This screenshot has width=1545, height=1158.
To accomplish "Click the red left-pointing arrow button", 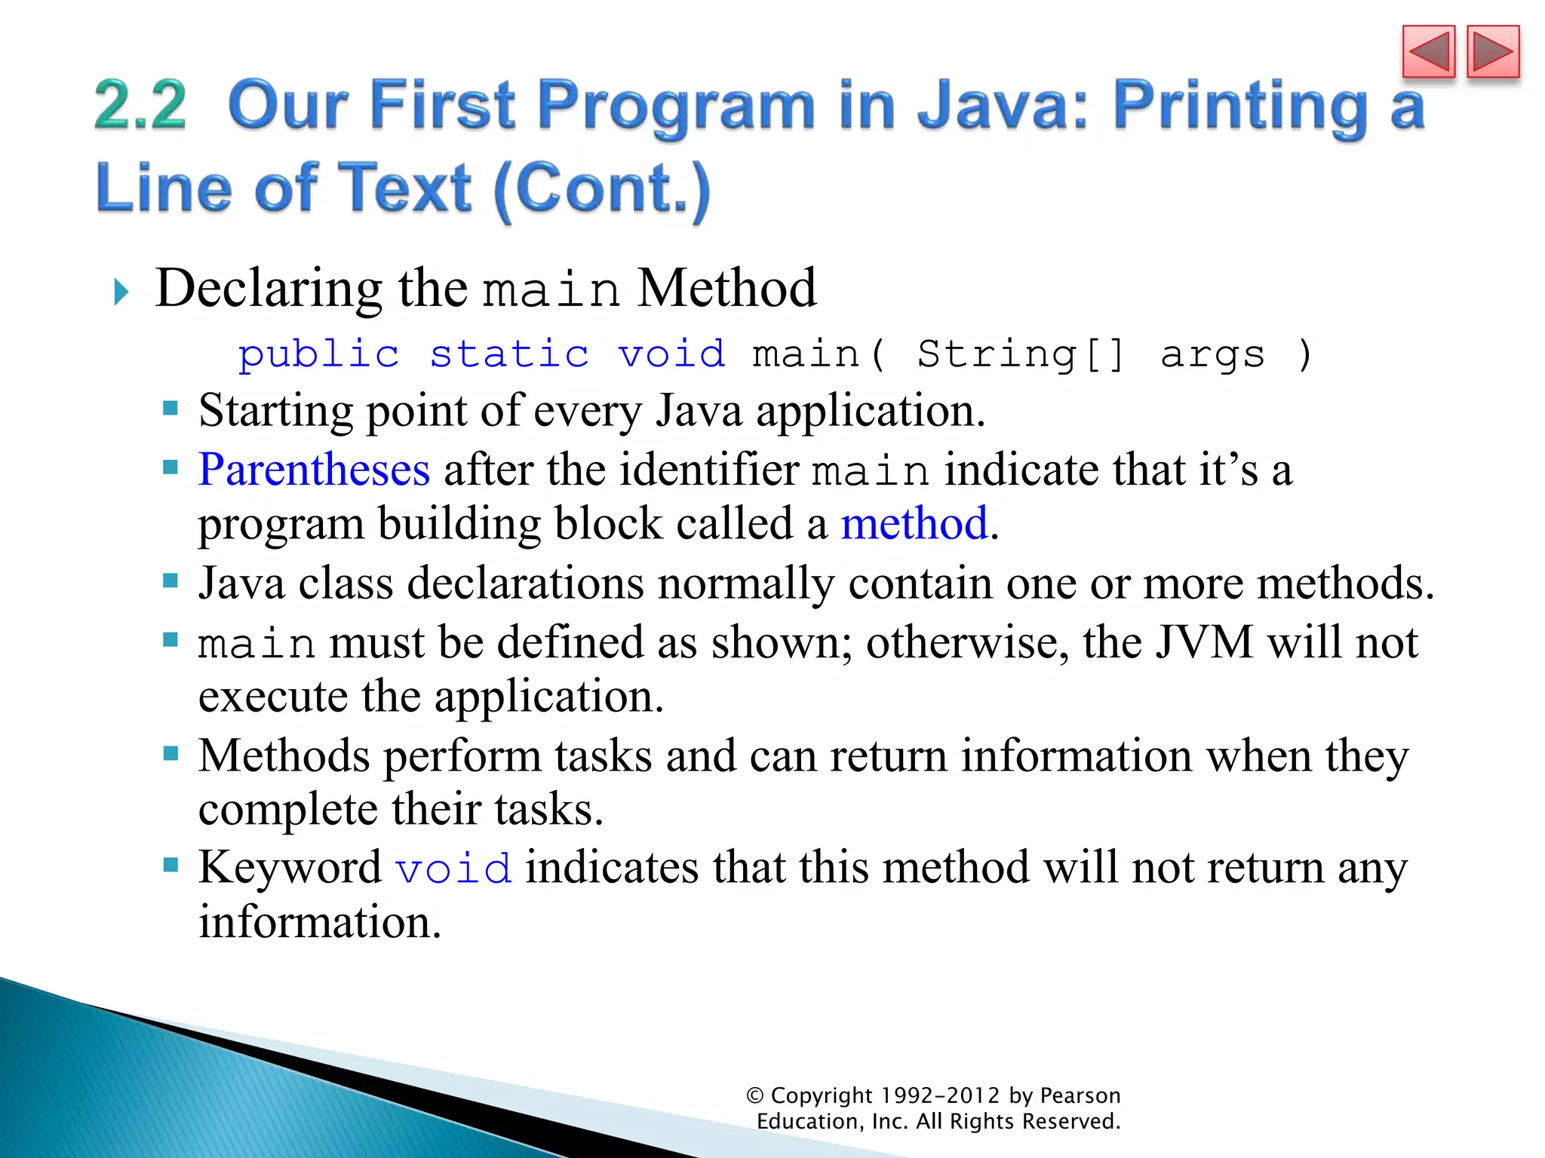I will [x=1428, y=51].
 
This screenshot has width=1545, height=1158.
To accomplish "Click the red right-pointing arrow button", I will [x=1493, y=51].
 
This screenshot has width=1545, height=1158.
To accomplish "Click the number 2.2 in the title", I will [x=140, y=106].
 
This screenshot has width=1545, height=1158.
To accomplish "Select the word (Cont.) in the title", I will [x=602, y=188].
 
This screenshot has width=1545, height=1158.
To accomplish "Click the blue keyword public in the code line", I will [x=318, y=354].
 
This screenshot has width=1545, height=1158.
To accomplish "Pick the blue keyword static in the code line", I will [x=509, y=354].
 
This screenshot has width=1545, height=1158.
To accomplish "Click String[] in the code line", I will [x=1021, y=354].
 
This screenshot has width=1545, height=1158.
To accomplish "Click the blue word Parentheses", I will [x=314, y=470].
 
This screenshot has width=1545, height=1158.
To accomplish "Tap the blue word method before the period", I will [x=914, y=523].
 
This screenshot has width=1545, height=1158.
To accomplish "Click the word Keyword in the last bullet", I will [x=290, y=867].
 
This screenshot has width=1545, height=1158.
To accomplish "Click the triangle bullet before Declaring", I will [x=121, y=292].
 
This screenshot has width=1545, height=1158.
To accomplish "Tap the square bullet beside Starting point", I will [x=170, y=409].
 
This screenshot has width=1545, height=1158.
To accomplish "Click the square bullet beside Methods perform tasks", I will [x=170, y=753].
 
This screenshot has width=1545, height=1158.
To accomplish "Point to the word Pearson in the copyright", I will [x=1080, y=1095].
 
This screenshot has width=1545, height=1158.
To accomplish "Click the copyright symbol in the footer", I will [x=755, y=1095].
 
